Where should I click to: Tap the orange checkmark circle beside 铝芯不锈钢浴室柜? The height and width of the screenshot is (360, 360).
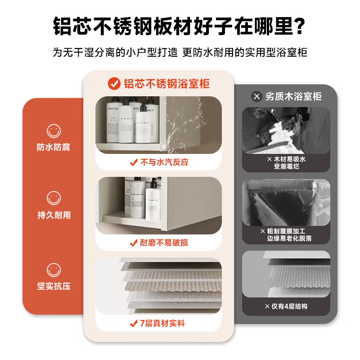[x=114, y=83]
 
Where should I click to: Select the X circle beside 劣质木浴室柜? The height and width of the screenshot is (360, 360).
[x=256, y=96]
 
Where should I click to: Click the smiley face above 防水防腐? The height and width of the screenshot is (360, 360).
[x=54, y=131]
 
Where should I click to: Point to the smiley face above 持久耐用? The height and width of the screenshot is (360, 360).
[x=54, y=198]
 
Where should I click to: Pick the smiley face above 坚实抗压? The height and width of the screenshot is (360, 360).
[x=54, y=270]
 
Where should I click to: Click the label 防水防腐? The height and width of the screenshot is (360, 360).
[x=54, y=147]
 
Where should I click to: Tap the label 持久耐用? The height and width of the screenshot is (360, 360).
[x=54, y=215]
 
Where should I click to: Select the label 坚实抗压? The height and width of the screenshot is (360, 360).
[x=54, y=286]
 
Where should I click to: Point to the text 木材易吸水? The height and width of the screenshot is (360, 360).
[x=289, y=159]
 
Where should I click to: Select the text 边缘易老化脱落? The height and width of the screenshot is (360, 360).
[x=289, y=238]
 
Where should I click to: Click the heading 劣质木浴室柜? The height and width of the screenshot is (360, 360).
[x=293, y=96]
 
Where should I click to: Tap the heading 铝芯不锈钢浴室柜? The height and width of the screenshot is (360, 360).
[x=166, y=83]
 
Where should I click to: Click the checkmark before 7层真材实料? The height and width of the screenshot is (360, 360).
[x=133, y=324]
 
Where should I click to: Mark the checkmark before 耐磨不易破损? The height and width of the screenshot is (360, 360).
[x=133, y=243]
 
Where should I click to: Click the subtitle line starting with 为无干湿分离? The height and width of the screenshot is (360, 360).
[x=180, y=52]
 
